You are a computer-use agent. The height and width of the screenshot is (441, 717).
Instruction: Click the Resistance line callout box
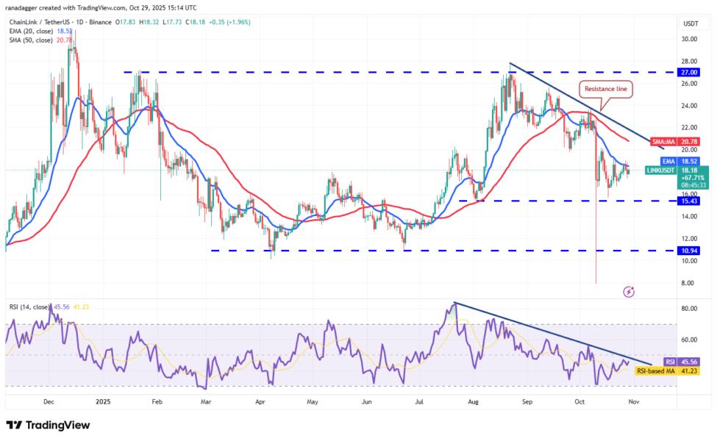606,90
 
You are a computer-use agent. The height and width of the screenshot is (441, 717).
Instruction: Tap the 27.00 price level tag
690,72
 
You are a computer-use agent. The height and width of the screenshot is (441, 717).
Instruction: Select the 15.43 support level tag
690,201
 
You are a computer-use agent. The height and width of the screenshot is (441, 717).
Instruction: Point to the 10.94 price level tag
690,250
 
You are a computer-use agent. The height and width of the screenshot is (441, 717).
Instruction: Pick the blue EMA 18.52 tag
677,160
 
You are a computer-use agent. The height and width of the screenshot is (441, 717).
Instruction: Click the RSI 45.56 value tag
677,362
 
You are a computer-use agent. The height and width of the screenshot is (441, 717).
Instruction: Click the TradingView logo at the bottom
48,426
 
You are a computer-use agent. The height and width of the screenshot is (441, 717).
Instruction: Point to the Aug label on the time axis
474,402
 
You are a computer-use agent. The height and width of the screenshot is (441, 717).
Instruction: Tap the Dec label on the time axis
49,402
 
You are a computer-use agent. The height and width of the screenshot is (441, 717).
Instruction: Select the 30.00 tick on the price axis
689,40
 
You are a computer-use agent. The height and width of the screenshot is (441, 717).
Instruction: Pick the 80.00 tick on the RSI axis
689,309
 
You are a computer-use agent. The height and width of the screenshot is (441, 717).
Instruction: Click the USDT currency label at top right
690,24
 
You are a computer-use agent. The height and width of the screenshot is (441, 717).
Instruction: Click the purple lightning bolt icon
629,292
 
